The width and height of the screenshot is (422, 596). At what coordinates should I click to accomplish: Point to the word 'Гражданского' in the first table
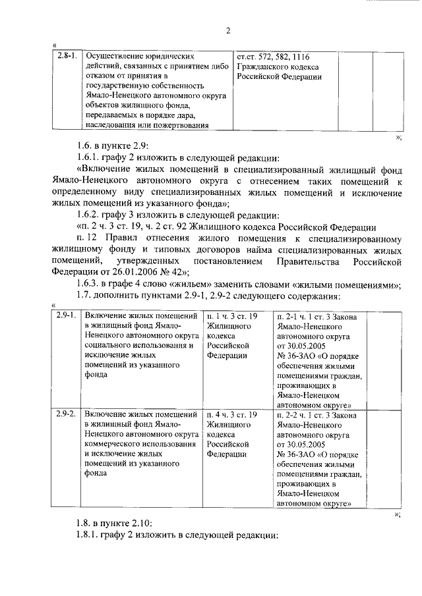click(x=262, y=67)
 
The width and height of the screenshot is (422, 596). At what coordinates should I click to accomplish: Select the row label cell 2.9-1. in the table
click(x=66, y=317)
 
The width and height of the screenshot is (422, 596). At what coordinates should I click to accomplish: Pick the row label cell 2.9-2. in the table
click(x=66, y=415)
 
